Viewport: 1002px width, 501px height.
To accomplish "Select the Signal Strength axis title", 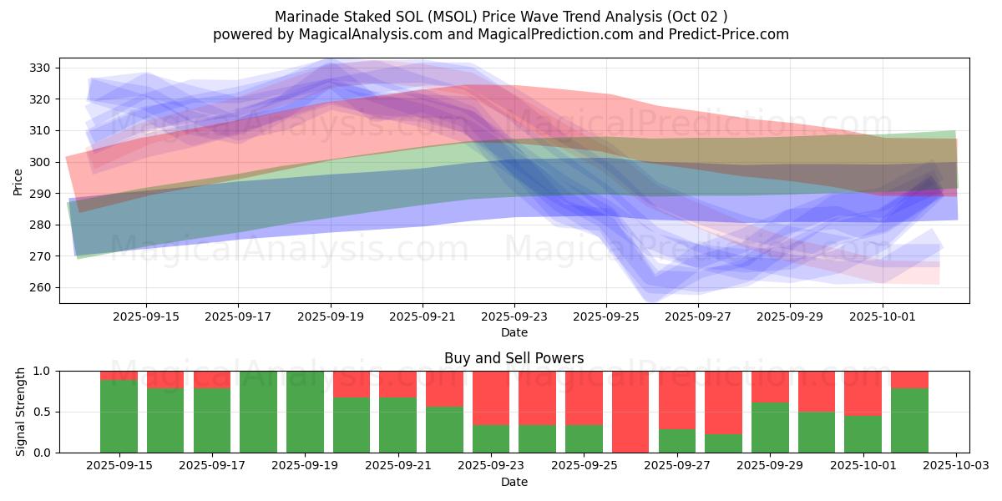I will point(20,412).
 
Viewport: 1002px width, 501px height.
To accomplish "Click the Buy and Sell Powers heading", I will point(514,358).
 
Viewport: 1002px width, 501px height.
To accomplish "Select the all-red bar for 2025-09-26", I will point(630,412).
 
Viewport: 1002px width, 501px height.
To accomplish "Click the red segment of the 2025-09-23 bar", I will point(491,397).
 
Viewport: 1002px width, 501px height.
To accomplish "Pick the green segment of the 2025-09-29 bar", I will point(770,428).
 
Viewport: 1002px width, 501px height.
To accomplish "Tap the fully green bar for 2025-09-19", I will point(305,412).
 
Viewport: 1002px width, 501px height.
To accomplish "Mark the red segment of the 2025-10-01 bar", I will point(863,392).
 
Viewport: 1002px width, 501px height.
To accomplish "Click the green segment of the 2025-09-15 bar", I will point(119,416).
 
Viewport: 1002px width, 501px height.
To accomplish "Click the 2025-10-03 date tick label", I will point(955,464).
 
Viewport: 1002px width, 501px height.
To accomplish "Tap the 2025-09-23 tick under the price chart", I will point(514,316).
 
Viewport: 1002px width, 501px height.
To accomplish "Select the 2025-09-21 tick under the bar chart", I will point(397,464).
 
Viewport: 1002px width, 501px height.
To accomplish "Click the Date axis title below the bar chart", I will point(514,482).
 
